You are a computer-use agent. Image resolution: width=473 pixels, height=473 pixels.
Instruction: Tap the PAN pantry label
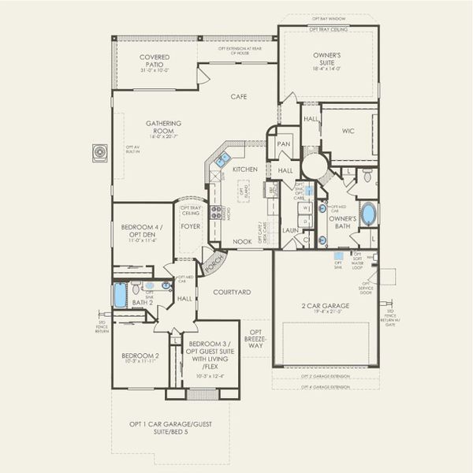coord(284,145)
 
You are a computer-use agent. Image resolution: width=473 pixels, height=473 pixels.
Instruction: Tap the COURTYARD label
coord(233,292)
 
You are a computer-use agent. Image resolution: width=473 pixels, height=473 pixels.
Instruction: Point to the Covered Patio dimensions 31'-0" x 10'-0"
coord(154,71)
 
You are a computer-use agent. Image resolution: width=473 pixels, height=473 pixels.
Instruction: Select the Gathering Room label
coord(163,127)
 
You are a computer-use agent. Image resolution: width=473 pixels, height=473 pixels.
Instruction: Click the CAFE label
coord(238,97)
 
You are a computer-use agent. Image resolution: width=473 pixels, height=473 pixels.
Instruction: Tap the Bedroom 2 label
coord(140,356)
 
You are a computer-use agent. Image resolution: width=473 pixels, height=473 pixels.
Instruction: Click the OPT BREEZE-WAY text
coord(255,338)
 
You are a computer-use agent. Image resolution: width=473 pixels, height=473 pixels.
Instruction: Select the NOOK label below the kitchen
coord(241,242)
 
